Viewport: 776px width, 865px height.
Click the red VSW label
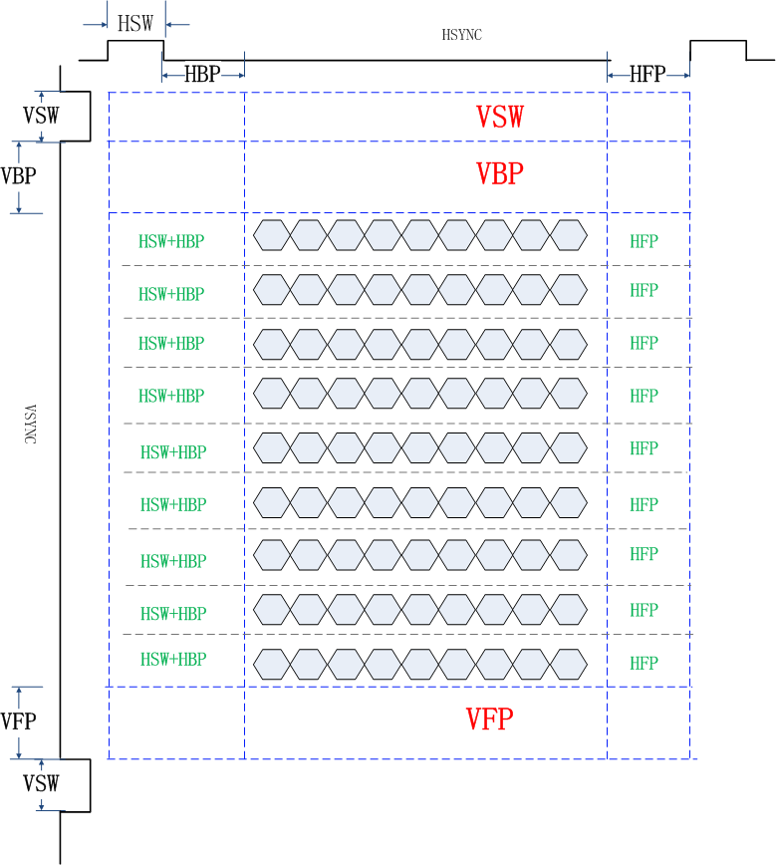coord(499,117)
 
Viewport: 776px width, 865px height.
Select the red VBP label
coord(499,173)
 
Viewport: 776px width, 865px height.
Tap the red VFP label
coord(489,719)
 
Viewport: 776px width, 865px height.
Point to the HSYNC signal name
coord(462,35)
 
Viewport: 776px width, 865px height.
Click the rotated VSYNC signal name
coord(30,424)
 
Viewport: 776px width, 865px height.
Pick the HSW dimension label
coord(135,24)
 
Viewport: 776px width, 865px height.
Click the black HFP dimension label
coord(647,74)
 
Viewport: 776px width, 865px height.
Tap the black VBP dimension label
coord(19,176)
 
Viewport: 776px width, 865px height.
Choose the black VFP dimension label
coord(19,721)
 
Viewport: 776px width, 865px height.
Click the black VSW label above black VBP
coord(41,116)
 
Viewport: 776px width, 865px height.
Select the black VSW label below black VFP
coord(41,783)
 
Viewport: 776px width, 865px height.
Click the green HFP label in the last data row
coord(644,663)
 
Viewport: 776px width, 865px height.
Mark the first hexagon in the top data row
coord(272,235)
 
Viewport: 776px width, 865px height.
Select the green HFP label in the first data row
coord(644,241)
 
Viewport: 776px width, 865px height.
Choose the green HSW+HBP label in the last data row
coord(173,660)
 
